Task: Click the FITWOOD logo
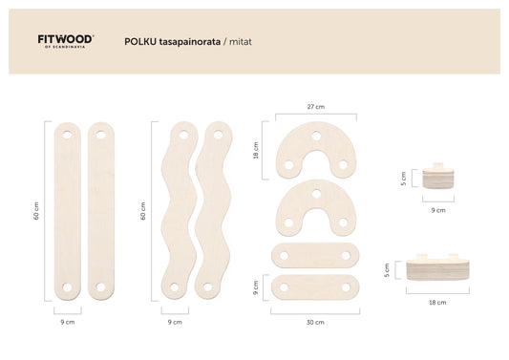[x=66, y=41]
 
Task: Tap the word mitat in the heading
[x=241, y=42]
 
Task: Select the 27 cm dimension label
[x=316, y=107]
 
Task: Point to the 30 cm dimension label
[x=315, y=323]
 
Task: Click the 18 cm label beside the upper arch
[x=256, y=150]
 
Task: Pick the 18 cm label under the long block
[x=437, y=303]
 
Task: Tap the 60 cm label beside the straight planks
[x=36, y=211]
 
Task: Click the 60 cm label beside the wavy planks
[x=143, y=211]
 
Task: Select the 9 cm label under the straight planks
[x=68, y=322]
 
